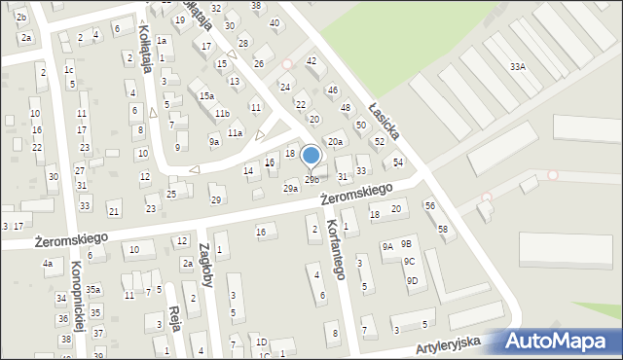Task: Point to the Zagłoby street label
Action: click(205, 266)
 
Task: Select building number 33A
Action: click(518, 66)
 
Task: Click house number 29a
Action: click(290, 187)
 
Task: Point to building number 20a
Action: click(335, 142)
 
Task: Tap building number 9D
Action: click(412, 280)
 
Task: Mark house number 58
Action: click(443, 229)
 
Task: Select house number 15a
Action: click(206, 95)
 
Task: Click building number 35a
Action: click(93, 289)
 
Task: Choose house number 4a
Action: click(47, 263)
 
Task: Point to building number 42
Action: click(311, 60)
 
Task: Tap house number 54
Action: click(398, 162)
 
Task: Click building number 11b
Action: click(222, 113)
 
